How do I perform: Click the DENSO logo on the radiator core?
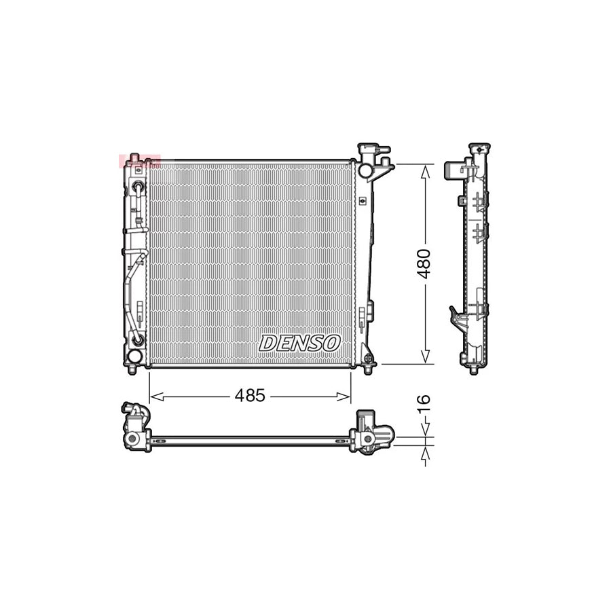click(x=299, y=343)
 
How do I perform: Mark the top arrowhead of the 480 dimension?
click(x=425, y=170)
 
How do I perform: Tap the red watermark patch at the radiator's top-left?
click(x=138, y=161)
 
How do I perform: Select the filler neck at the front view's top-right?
click(x=371, y=158)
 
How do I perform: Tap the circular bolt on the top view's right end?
click(x=369, y=440)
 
